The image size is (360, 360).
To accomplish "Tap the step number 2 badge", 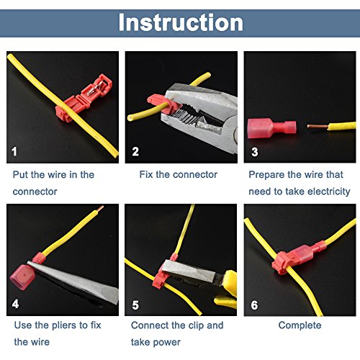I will click(135, 152).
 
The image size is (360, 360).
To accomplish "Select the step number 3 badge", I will click(254, 152).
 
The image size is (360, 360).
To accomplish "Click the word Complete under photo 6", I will click(300, 325).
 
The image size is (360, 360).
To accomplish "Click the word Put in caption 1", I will click(22, 174).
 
